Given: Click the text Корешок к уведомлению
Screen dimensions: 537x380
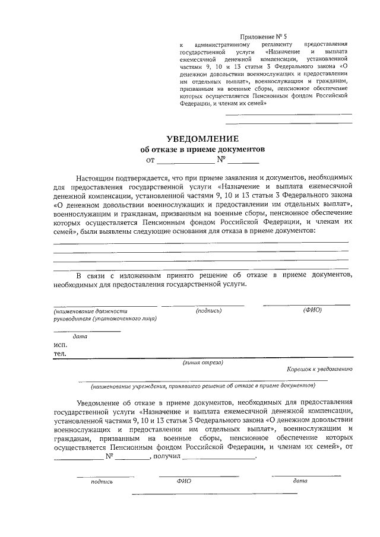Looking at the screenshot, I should pyautogui.click(x=319, y=368).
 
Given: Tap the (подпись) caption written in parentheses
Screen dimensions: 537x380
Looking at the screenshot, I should pyautogui.click(x=208, y=310).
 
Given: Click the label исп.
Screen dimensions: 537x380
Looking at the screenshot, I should pyautogui.click(x=60, y=345).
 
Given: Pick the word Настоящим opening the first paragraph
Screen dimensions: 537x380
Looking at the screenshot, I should pyautogui.click(x=94, y=177).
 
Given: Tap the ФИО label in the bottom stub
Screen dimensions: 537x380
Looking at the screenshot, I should pyautogui.click(x=183, y=481).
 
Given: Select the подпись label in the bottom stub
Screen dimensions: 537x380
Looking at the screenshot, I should pyautogui.click(x=102, y=482).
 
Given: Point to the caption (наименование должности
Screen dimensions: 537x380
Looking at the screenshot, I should pyautogui.click(x=90, y=310).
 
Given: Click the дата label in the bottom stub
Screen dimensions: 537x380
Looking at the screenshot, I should pyautogui.click(x=300, y=481).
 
